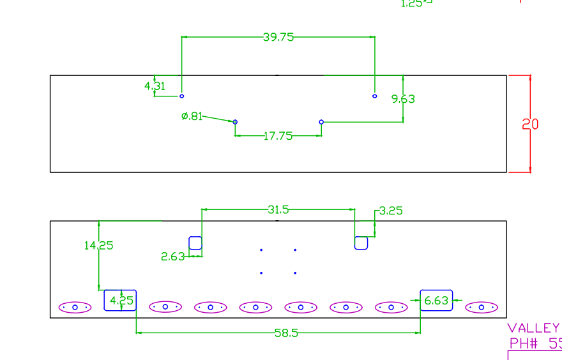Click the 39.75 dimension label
click(x=278, y=37)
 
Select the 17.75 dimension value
click(x=278, y=136)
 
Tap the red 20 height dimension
click(x=530, y=124)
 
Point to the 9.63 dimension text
click(x=403, y=99)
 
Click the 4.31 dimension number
click(x=155, y=86)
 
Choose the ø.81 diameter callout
click(x=192, y=116)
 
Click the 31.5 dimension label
click(x=278, y=209)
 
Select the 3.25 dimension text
click(x=391, y=211)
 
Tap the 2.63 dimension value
click(x=172, y=257)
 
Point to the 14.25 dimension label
click(x=98, y=245)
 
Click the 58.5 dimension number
click(x=287, y=333)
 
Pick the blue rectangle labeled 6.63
click(x=436, y=300)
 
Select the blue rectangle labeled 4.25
click(x=120, y=300)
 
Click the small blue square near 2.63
click(x=195, y=243)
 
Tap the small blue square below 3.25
click(x=361, y=243)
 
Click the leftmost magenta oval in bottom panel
click(x=75, y=307)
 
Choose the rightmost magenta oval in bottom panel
click(x=482, y=307)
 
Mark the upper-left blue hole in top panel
click(x=182, y=96)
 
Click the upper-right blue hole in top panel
click(x=375, y=96)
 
